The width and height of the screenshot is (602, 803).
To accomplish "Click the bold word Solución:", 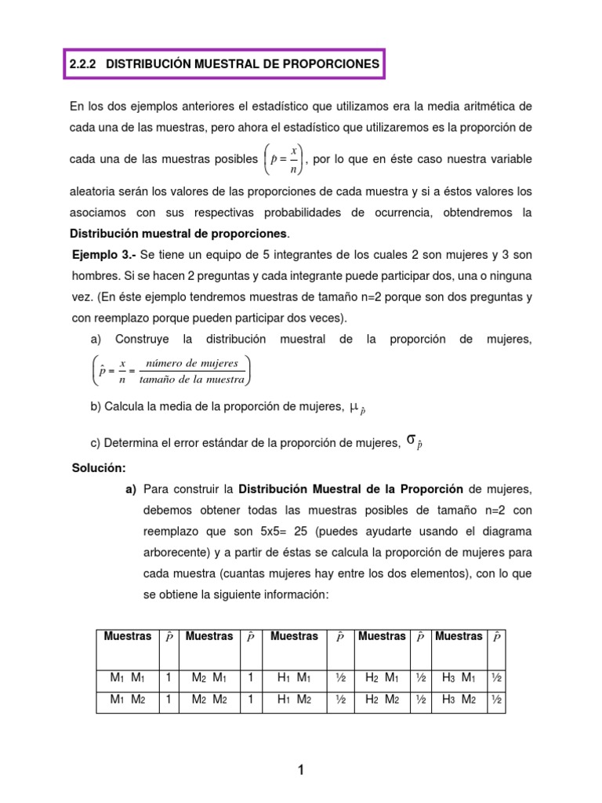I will (99, 468).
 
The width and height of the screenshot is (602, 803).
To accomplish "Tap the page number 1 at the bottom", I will (300, 771).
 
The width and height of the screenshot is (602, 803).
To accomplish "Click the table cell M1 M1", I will (127, 678).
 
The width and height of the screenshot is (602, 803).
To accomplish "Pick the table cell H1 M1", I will (295, 678).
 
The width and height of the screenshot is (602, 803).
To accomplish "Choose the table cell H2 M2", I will (382, 699).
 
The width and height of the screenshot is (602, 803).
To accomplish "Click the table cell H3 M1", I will (459, 678).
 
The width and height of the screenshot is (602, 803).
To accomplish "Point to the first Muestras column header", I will (127, 637).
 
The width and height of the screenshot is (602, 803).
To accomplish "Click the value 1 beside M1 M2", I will (168, 699).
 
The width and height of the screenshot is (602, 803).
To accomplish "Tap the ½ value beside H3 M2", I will (496, 699).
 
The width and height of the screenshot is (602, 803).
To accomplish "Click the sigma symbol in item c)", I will (411, 441).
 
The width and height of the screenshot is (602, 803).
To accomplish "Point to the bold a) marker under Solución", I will (131, 489).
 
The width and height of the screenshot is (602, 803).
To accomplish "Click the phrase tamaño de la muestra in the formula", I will (193, 380).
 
